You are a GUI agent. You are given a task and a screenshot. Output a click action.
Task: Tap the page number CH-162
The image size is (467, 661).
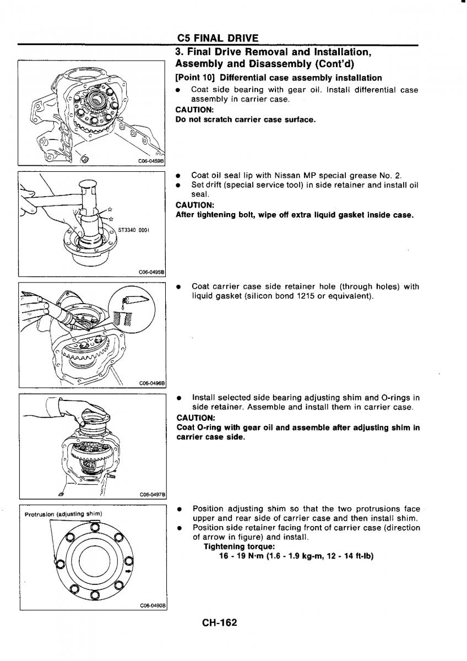pyautogui.click(x=219, y=623)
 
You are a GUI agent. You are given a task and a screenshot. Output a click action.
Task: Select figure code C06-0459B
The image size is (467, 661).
pyautogui.click(x=150, y=162)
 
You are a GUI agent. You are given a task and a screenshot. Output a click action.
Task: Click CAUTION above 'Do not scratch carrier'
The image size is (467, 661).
pyautogui.click(x=191, y=110)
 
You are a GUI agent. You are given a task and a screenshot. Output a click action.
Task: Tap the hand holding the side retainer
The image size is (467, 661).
pyautogui.click(x=77, y=409)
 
